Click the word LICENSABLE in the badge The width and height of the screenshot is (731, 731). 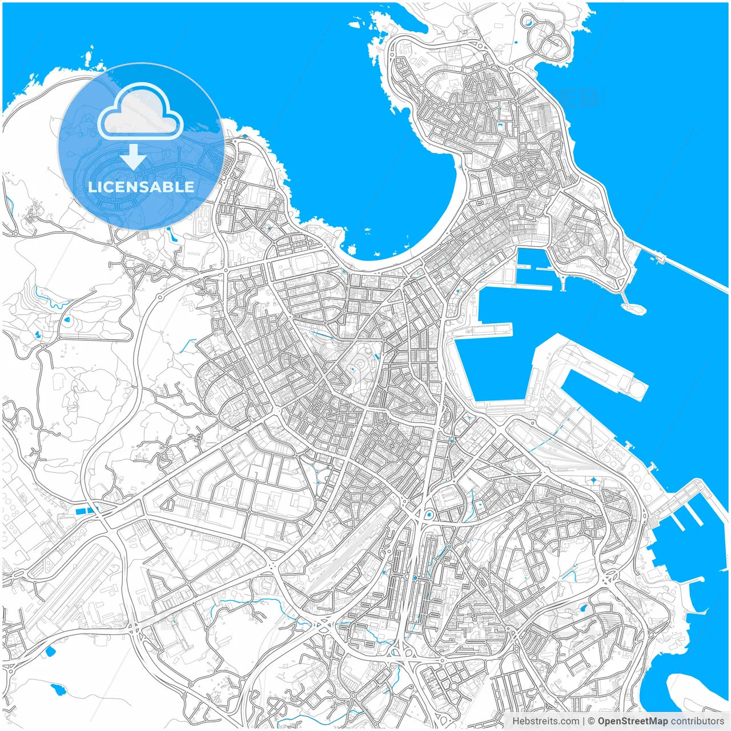[141, 187]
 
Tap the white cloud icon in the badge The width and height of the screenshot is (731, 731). [140, 111]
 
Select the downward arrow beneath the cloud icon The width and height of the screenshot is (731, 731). [134, 156]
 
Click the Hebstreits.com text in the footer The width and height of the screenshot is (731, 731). [545, 721]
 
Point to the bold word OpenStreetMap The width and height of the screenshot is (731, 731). [633, 721]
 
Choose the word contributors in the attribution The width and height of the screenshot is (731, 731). [697, 721]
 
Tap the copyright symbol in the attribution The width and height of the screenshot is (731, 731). [591, 721]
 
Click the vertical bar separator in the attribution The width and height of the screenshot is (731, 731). [583, 721]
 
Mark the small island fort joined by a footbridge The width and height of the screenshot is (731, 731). [633, 308]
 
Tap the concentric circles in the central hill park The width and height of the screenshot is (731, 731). [361, 365]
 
